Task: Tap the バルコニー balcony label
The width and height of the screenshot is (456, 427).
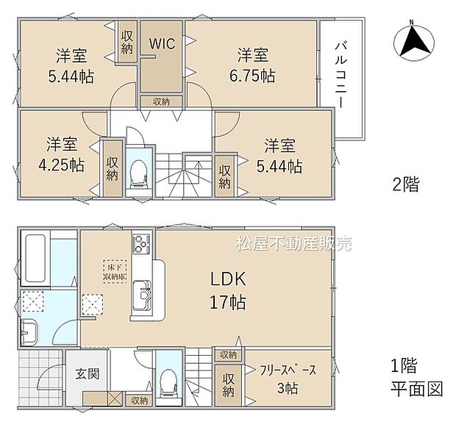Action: [x=341, y=73]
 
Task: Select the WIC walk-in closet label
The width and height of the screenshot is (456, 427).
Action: [x=162, y=43]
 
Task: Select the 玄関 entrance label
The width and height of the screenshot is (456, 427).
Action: [x=87, y=373]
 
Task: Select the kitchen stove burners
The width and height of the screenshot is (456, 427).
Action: [x=140, y=245]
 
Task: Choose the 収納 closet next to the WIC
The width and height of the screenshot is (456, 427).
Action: [x=127, y=40]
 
